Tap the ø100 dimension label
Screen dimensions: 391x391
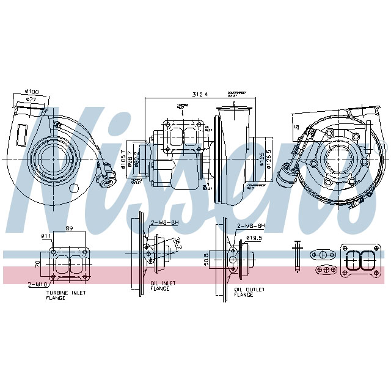[x=32, y=92]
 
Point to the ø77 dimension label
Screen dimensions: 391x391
[x=31, y=98]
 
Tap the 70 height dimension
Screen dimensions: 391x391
[x=37, y=264]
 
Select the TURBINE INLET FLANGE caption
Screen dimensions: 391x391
[x=65, y=296]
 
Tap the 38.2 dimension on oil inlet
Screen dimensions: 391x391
[x=178, y=244]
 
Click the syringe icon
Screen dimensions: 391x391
[x=297, y=257]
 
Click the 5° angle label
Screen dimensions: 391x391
[x=296, y=126]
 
